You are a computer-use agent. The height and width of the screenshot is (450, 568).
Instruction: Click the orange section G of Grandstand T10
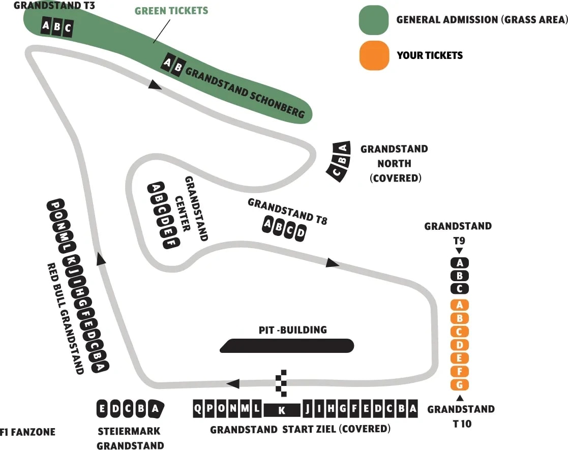pos(460,384)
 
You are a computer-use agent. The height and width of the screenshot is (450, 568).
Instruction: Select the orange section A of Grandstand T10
pos(460,305)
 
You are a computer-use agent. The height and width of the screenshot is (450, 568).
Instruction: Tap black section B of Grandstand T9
pos(460,276)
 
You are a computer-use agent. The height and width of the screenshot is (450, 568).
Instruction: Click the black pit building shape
pos(287,346)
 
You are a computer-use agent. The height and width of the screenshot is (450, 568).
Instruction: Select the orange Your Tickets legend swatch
pos(374,55)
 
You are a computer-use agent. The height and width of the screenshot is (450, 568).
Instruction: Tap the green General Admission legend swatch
pos(374,20)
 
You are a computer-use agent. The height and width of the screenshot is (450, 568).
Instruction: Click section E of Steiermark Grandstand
pos(102,409)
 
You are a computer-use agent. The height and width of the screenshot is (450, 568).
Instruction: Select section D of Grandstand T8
pos(301,233)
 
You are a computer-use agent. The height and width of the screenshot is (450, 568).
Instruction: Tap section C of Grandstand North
pos(336,172)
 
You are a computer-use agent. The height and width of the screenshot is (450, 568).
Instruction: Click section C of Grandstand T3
pos(68,28)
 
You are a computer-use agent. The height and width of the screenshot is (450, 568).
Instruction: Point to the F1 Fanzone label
pos(27,432)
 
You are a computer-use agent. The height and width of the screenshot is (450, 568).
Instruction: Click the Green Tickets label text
pos(171,11)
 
